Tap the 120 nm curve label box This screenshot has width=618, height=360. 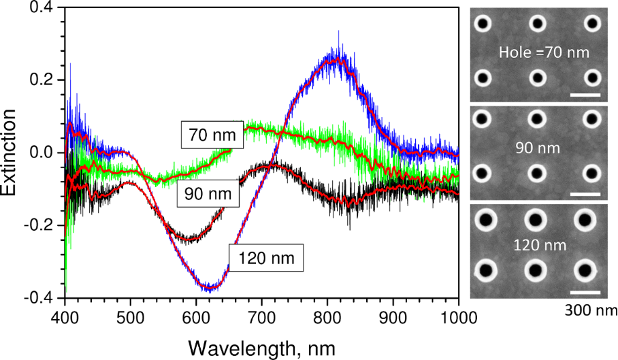pyautogui.click(x=265, y=259)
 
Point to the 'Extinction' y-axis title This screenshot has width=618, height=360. pyautogui.click(x=12, y=152)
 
